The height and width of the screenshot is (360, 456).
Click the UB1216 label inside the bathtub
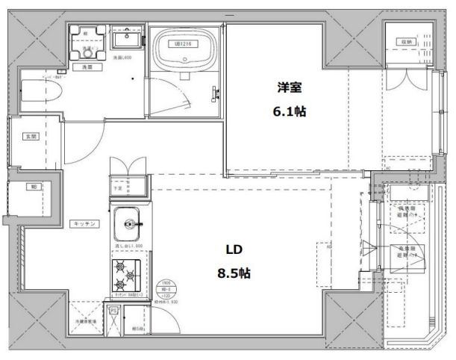click(184, 44)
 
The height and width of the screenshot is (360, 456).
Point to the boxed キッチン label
click(81, 223)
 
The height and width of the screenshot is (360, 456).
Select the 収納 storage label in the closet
click(403, 42)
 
